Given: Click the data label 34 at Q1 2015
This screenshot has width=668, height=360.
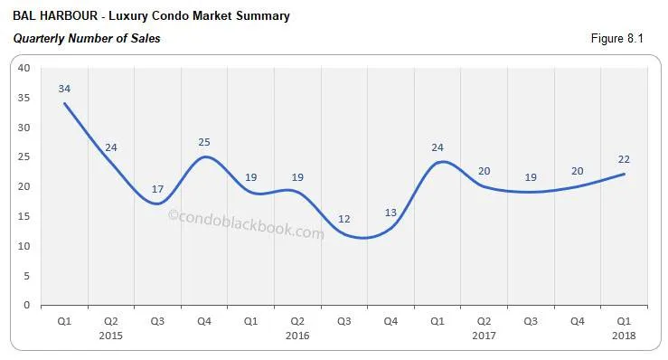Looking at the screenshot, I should (64, 89).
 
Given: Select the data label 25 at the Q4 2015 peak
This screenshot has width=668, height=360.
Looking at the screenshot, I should (204, 142).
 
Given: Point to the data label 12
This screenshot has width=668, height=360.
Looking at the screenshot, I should (343, 219).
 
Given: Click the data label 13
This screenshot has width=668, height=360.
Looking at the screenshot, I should (390, 213).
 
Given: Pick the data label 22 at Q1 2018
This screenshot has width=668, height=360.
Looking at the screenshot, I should (624, 159).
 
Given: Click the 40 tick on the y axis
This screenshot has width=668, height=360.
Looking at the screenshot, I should (24, 68).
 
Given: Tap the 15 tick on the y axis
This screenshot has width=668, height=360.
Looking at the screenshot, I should (24, 216).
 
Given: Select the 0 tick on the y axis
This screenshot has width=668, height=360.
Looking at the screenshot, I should (27, 305).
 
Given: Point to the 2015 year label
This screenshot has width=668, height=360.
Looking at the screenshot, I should (111, 336).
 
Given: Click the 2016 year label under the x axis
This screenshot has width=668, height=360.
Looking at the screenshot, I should (297, 336).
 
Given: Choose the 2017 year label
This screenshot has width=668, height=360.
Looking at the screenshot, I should (484, 336).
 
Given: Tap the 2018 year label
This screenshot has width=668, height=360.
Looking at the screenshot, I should (624, 336).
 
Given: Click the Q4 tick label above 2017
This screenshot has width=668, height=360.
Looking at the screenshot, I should (577, 321).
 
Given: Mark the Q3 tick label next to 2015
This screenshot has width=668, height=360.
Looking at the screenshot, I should (157, 321).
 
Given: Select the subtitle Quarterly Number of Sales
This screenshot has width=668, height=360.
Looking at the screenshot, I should (87, 39).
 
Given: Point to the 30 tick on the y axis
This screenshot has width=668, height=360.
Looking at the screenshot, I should (24, 128).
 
